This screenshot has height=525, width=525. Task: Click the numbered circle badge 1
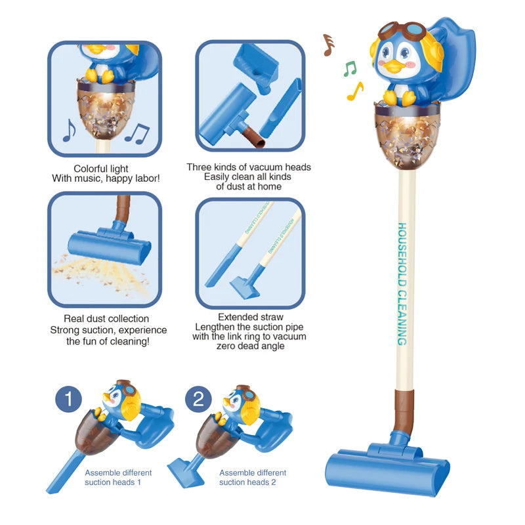[x=69, y=400]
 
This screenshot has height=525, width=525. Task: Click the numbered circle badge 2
[x=198, y=400]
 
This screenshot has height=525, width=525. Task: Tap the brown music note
[x=328, y=44]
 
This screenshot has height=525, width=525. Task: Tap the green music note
[x=350, y=68]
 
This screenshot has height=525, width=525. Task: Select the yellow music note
[x=355, y=91]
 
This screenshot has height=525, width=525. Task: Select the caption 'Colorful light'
[x=101, y=169]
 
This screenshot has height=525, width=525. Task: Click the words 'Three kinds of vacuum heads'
[x=249, y=167]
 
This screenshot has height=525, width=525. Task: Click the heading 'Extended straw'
[x=249, y=316]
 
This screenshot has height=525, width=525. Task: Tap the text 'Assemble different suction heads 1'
[x=118, y=477]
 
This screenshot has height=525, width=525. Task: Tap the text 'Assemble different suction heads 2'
[x=253, y=477]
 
